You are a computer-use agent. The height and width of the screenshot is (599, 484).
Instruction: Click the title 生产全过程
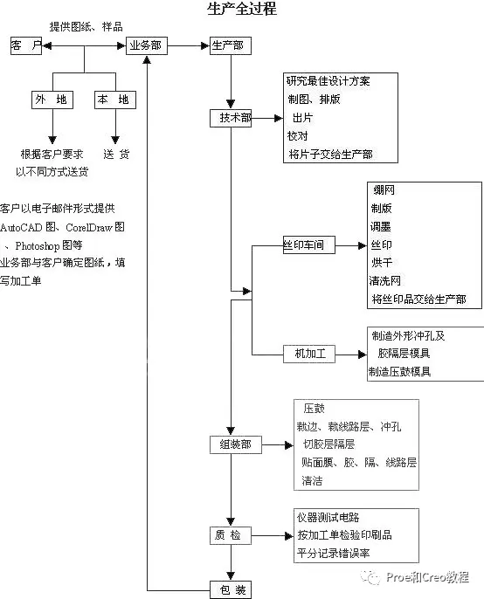pos(242,9)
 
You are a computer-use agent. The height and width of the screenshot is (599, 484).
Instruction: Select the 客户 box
pos(26,45)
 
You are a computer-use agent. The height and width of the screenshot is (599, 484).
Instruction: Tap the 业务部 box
pos(147,45)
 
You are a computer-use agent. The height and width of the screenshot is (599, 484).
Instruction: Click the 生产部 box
pos(231,45)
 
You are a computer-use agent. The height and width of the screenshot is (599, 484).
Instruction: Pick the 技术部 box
pos(231,119)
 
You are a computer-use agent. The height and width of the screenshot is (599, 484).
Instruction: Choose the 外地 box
pos(52,100)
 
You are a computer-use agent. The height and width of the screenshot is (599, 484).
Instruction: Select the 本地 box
pos(115,100)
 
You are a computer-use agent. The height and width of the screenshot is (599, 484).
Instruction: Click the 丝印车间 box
pos(309,244)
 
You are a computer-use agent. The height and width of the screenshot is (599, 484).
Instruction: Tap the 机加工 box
pos(309,354)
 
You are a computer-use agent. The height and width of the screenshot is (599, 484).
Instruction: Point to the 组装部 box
pos(236,444)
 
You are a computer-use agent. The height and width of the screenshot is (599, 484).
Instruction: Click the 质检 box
pos(231,535)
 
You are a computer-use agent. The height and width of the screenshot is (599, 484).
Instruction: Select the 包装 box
pos(231,590)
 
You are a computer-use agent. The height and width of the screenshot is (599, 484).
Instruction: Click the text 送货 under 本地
pos(116,155)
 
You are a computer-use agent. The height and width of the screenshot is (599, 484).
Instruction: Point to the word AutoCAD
pos(21,228)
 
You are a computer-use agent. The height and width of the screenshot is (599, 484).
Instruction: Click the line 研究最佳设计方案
pos(328,81)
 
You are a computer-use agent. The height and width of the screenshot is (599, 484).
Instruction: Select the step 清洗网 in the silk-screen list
pos(385,281)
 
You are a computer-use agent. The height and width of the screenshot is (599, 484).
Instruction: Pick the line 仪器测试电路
pos(328,518)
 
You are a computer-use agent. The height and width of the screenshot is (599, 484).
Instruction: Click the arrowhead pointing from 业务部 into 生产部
pos(205,45)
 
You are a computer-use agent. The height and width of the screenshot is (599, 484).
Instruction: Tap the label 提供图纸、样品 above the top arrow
pos(86,27)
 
